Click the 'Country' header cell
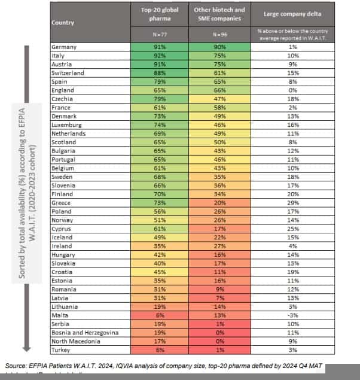[63, 22]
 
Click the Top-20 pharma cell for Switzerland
[160, 73]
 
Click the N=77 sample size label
[159, 35]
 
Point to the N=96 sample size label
[219, 35]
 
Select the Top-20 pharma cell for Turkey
[160, 349]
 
